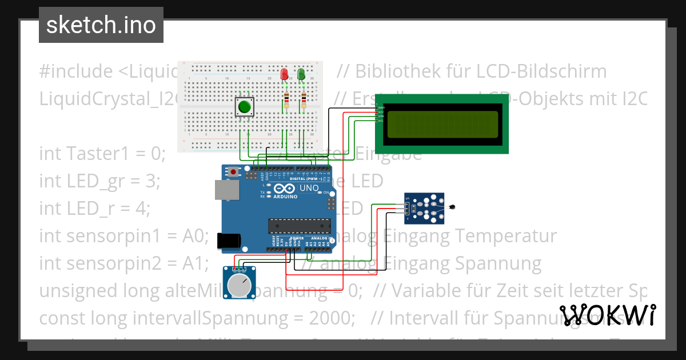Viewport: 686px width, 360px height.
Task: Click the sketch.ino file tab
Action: click(x=101, y=25)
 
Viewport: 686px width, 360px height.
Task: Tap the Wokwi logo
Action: click(x=608, y=315)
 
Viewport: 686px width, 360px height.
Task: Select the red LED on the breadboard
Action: click(x=284, y=74)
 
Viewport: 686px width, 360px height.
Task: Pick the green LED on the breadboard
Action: click(x=301, y=74)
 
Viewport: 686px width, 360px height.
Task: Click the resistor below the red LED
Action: click(x=286, y=101)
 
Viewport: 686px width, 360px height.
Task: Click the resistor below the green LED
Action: click(x=304, y=101)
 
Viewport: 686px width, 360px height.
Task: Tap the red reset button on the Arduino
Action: click(x=234, y=171)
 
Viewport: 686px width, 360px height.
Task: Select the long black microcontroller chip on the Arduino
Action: click(x=300, y=226)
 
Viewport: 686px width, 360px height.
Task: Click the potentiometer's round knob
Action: click(x=240, y=283)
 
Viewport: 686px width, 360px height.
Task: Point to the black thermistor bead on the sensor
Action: click(x=453, y=207)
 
